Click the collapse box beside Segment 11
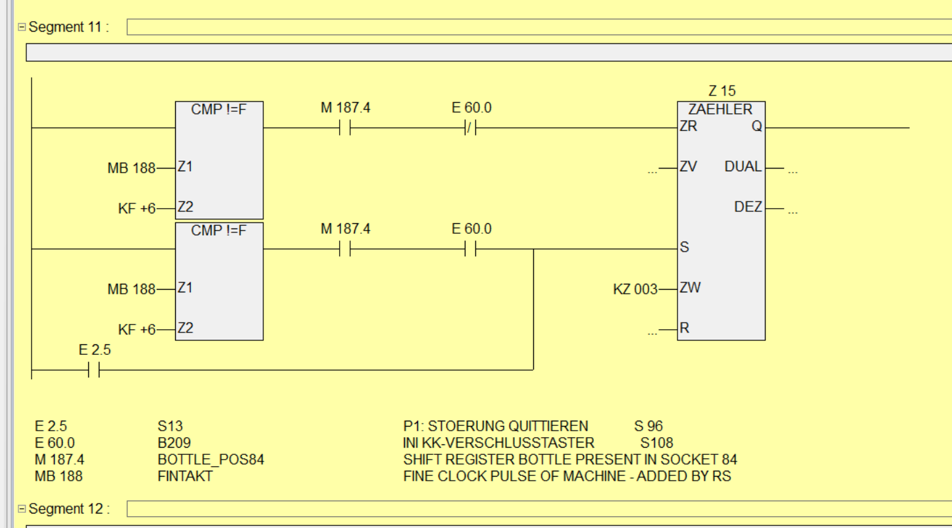tap(22, 27)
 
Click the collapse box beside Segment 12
tap(22, 509)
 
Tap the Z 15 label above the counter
tap(722, 91)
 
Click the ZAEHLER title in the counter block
tap(720, 109)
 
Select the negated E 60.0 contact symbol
tap(471, 128)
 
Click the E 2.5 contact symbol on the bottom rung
tap(94, 370)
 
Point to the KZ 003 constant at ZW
tap(635, 290)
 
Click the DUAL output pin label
tap(743, 166)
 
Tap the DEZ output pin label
tap(748, 207)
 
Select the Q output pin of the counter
tap(756, 126)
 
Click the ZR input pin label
tap(689, 126)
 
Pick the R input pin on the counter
tap(684, 328)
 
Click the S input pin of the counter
tap(684, 247)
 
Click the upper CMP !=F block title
tap(219, 109)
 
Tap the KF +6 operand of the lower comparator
tap(137, 330)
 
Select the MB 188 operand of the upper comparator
tap(131, 169)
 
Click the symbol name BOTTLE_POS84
tap(211, 460)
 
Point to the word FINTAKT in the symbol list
tap(185, 476)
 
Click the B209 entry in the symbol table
tap(174, 443)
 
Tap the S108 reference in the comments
tap(656, 443)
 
